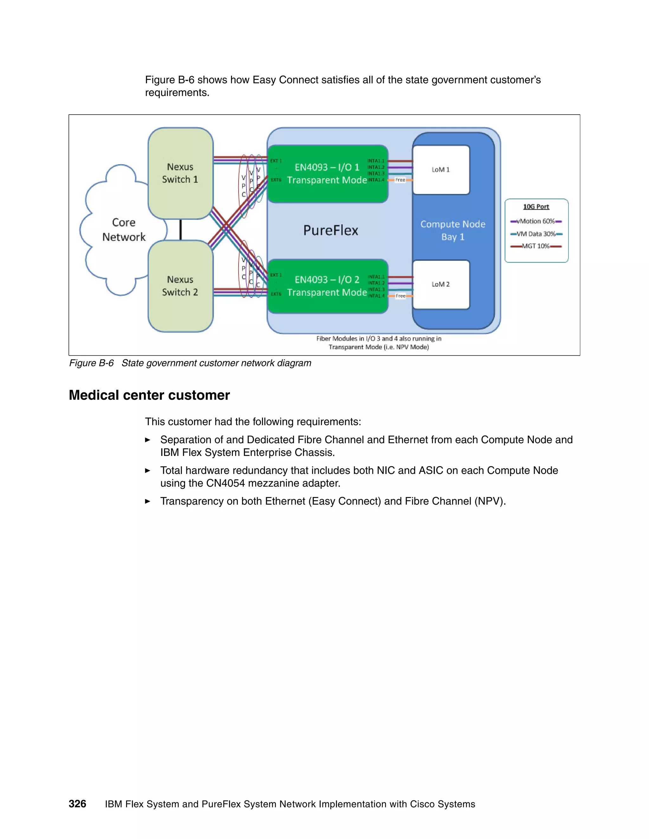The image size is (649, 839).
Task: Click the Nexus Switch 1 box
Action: click(180, 173)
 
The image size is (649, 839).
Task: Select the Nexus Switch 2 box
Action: click(180, 286)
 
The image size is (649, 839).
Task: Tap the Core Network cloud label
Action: click(124, 230)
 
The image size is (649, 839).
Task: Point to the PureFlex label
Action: click(331, 230)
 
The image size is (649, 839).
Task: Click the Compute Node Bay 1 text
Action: click(453, 230)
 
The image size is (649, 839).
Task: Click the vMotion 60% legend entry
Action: click(537, 221)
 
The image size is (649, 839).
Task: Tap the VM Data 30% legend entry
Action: click(537, 234)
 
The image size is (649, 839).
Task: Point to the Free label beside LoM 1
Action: click(400, 180)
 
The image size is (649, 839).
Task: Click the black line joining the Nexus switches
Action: click(181, 230)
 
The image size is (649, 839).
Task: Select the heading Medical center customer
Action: click(149, 395)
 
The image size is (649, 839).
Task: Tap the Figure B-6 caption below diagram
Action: click(190, 363)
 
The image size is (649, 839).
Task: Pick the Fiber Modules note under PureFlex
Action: click(379, 343)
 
